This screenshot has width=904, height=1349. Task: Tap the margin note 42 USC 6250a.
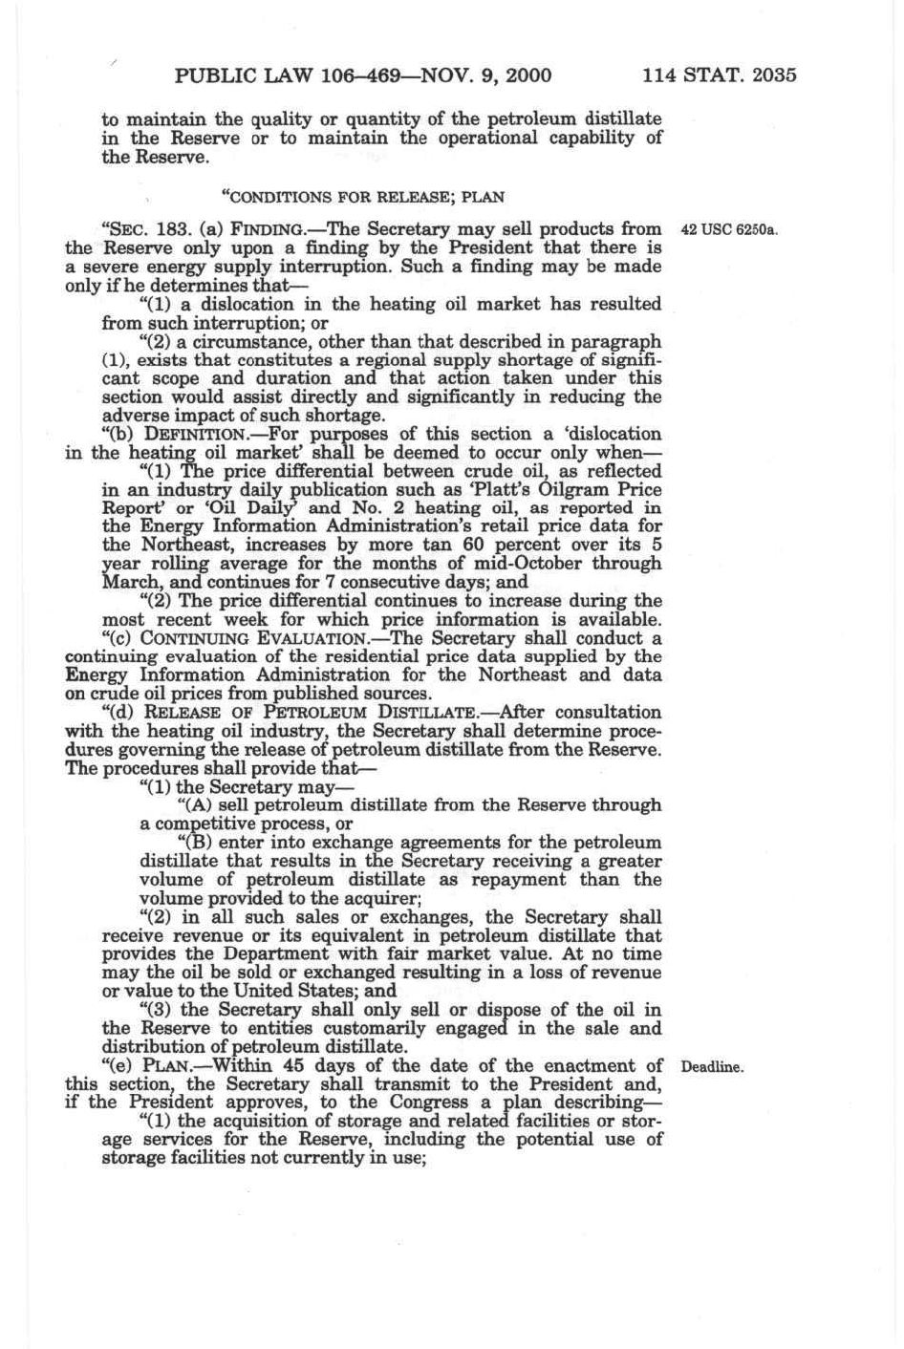pos(728,230)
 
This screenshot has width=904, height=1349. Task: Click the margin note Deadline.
pos(712,1067)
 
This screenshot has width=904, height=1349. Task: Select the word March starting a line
pos(125,582)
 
